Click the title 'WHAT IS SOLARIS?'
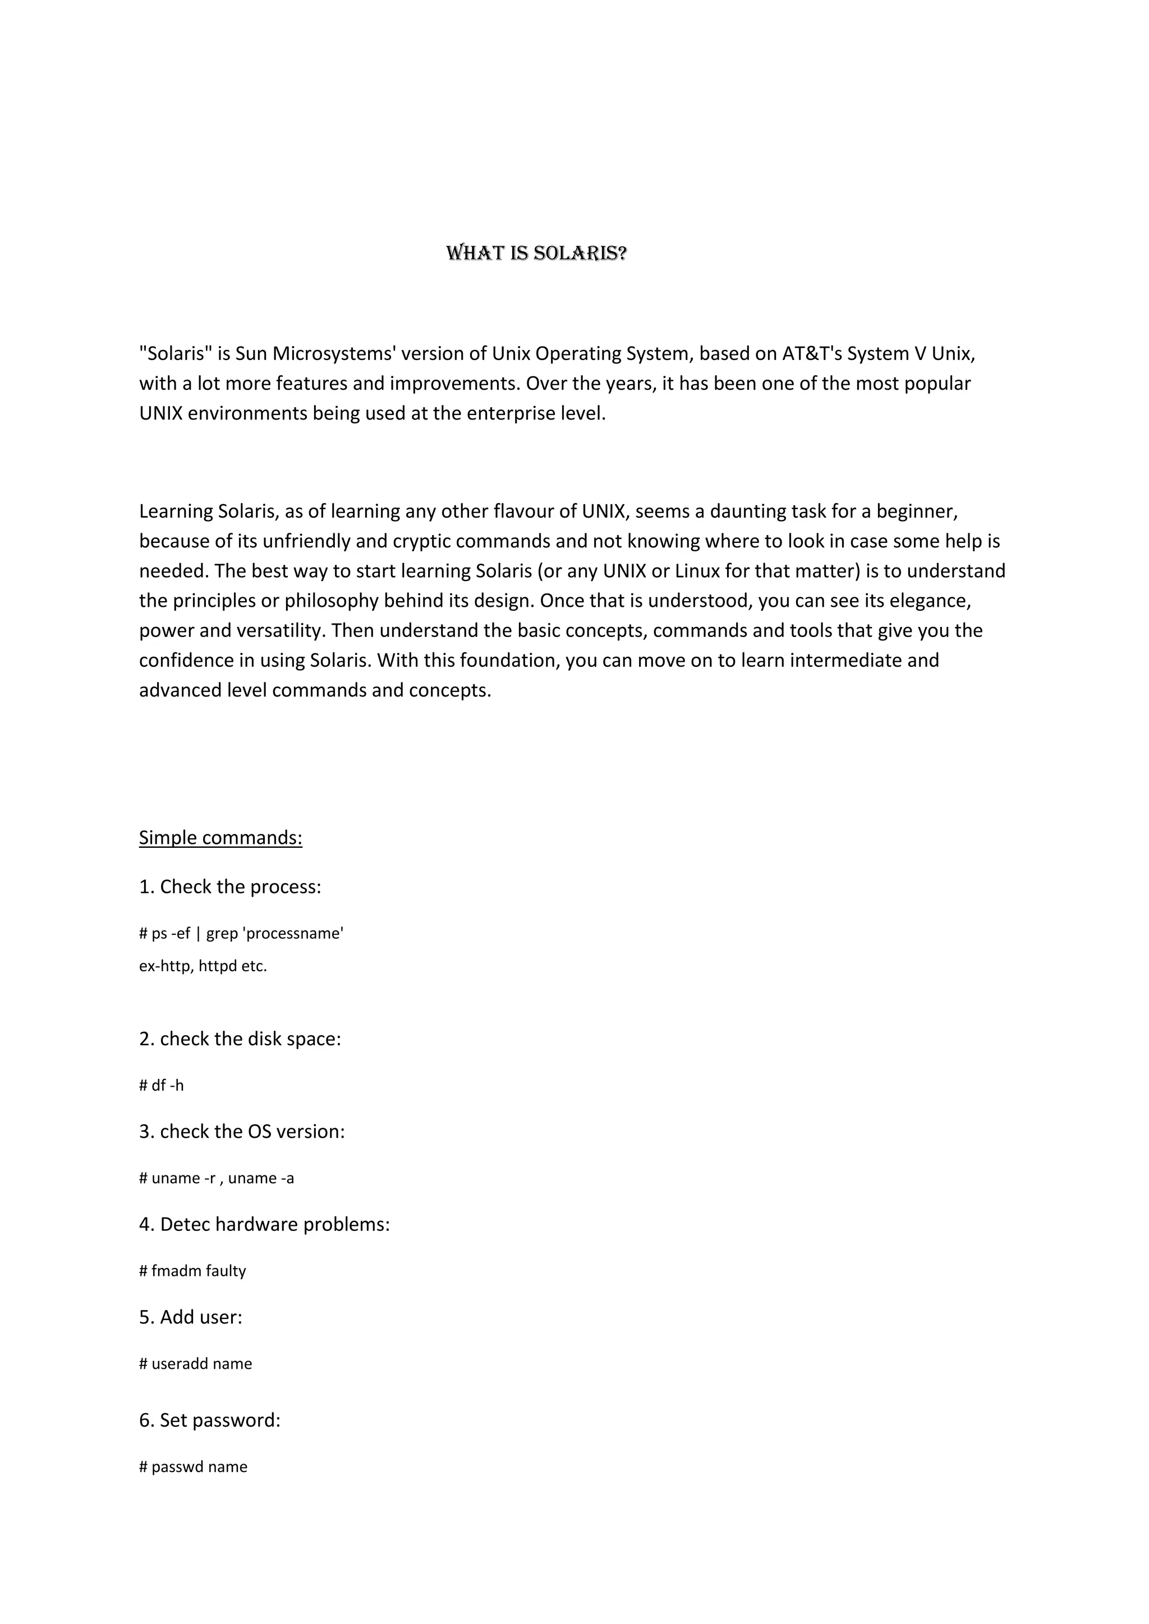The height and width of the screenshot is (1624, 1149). click(536, 253)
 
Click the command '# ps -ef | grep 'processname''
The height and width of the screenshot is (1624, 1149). click(241, 934)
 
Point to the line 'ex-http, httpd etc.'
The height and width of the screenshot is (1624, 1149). click(203, 966)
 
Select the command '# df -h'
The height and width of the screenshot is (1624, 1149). click(162, 1086)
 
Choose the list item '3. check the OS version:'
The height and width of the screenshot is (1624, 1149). click(242, 1132)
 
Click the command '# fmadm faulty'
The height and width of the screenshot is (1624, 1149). click(192, 1271)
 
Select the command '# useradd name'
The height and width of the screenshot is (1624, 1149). click(195, 1364)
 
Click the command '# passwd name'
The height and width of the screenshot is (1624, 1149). click(193, 1467)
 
